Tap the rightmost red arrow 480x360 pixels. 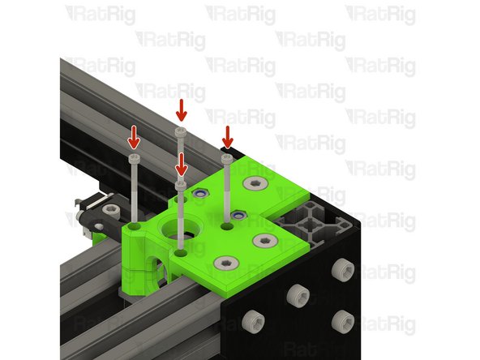229,137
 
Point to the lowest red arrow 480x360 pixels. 181,164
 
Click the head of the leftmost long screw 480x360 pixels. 135,156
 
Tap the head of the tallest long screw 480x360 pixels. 181,131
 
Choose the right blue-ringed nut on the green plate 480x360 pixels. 238,214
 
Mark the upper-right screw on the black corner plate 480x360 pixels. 344,267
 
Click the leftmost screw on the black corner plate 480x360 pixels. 257,318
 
